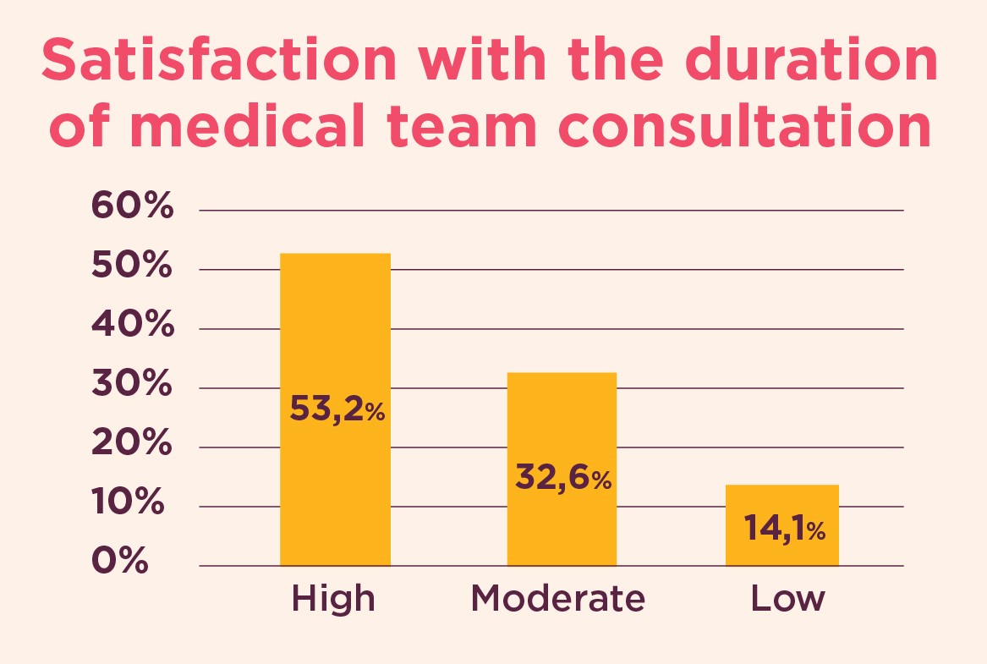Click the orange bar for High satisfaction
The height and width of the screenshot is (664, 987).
[335, 338]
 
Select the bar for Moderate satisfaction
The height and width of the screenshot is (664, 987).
[561, 423]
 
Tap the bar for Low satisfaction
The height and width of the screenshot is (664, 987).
[781, 508]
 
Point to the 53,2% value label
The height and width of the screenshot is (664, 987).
[337, 410]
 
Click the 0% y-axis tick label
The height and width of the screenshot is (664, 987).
[118, 562]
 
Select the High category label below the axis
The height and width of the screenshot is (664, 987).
[333, 599]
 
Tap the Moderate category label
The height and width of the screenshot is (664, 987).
[558, 599]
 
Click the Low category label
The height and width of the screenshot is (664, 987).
[787, 599]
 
